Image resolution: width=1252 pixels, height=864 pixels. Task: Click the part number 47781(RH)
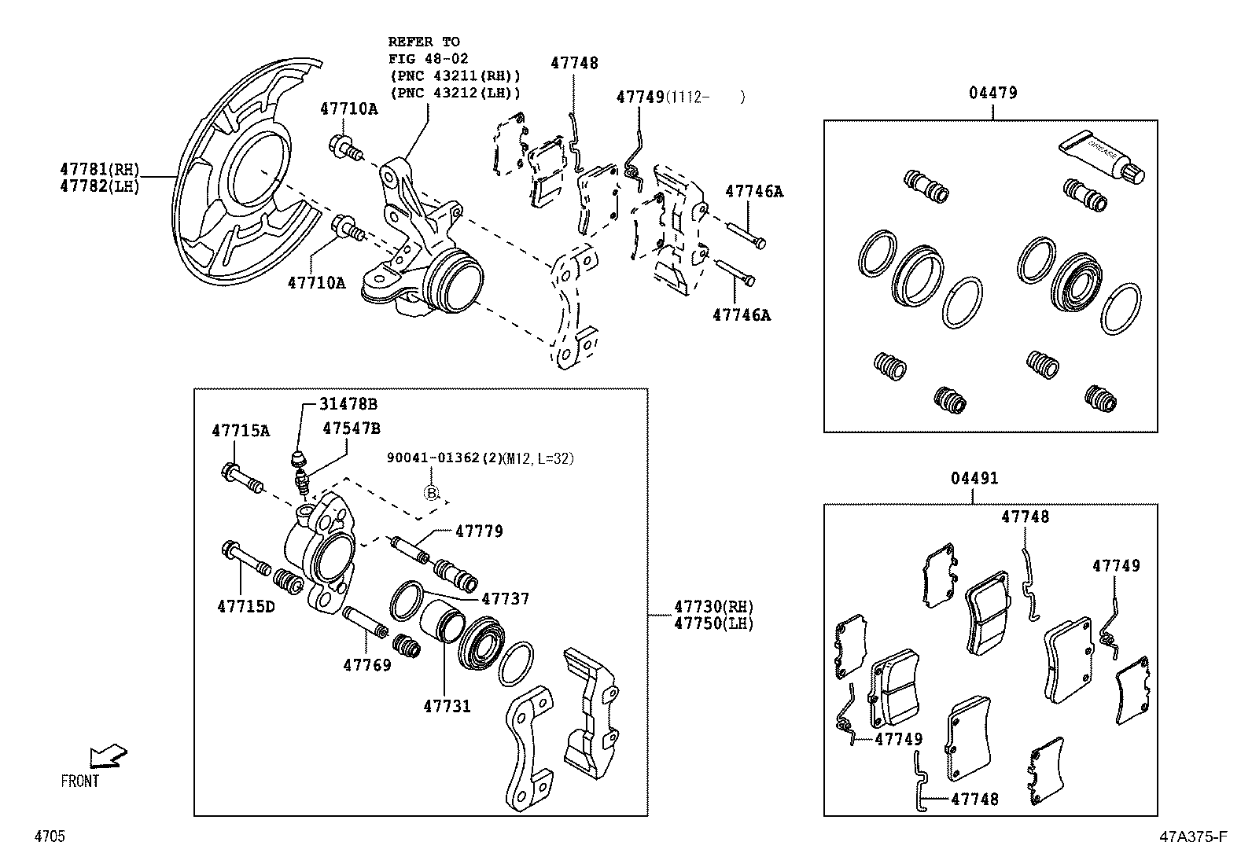(x=99, y=168)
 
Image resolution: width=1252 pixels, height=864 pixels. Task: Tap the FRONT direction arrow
(x=107, y=756)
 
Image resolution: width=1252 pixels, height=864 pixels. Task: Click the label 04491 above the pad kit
(x=974, y=478)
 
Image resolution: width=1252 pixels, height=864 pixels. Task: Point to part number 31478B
(x=348, y=404)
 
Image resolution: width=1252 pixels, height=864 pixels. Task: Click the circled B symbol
(x=431, y=493)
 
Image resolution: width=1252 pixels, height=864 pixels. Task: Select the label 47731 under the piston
(x=447, y=706)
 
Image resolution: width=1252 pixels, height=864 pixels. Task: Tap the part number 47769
(x=366, y=665)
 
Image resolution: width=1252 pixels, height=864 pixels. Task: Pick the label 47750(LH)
(x=713, y=624)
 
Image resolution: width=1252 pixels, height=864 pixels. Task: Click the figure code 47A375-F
(x=1191, y=836)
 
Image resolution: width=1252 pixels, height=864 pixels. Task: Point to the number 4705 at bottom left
(x=49, y=836)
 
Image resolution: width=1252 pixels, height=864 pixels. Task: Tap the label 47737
(x=505, y=599)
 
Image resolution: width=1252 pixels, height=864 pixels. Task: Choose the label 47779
(x=479, y=531)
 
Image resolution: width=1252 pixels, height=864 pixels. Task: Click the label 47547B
(x=352, y=428)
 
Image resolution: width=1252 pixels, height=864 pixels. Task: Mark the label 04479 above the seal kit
(x=992, y=93)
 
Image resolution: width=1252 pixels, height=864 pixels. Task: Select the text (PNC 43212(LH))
(x=455, y=93)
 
